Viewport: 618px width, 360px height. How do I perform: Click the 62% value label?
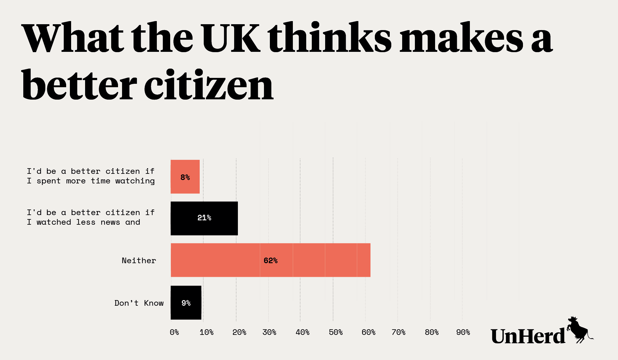270,261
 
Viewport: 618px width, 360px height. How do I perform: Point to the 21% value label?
204,218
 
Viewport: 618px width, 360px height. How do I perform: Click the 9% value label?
186,303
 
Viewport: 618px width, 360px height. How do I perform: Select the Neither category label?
139,261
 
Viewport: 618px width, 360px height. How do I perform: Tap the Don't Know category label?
139,303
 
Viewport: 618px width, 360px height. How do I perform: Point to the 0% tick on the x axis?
174,332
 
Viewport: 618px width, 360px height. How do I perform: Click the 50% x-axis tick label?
335,332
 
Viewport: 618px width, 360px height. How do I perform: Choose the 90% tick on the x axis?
463,332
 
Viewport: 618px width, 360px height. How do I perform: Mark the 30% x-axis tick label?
269,332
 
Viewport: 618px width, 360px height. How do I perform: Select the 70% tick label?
398,332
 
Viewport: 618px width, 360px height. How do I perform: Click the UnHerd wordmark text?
528,336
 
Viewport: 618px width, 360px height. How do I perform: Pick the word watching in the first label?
135,181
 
